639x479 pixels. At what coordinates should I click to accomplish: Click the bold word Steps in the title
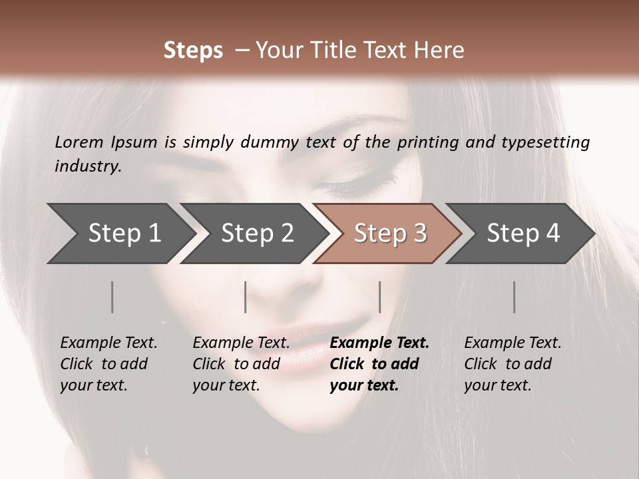(193, 51)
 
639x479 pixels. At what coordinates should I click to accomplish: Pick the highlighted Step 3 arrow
(390, 234)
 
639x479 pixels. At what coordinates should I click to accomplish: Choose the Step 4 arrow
(523, 234)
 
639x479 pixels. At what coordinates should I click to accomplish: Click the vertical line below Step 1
(112, 297)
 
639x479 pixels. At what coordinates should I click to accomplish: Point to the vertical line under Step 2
(246, 297)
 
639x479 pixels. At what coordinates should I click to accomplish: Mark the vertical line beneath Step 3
(380, 297)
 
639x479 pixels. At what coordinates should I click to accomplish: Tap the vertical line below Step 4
(515, 297)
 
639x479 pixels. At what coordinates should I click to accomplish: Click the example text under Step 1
(108, 364)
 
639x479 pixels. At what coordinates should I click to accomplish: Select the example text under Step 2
(241, 364)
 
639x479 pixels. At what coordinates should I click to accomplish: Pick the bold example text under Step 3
(379, 364)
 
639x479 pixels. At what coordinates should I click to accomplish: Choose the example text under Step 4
(513, 364)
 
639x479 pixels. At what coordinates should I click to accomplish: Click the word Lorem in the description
(79, 142)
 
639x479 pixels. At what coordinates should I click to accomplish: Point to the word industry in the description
(88, 166)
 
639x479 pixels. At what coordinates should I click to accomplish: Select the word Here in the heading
(441, 51)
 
